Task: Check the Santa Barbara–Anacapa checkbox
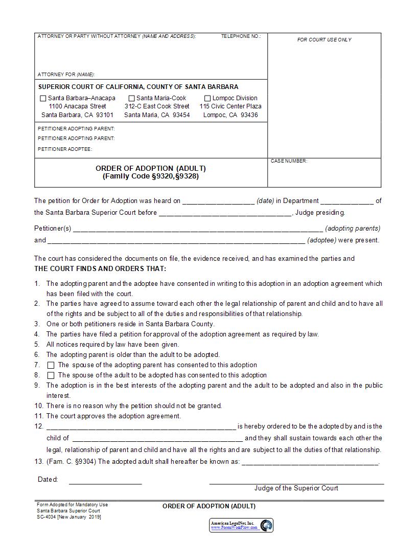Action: [x=43, y=98]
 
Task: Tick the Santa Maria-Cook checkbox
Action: [x=131, y=98]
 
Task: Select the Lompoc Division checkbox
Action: [x=207, y=98]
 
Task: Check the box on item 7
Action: [x=51, y=365]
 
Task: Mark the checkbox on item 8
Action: [x=51, y=375]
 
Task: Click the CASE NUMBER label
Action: [x=289, y=161]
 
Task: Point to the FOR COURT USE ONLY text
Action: [x=324, y=40]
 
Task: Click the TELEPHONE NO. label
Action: [x=241, y=36]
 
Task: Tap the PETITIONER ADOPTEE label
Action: [x=64, y=149]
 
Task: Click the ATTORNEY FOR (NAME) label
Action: [x=66, y=75]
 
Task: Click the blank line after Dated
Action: [x=105, y=481]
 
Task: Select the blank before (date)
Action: [x=218, y=201]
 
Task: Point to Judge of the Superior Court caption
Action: [x=296, y=488]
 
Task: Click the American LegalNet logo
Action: [x=241, y=525]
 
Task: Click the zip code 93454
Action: [x=181, y=115]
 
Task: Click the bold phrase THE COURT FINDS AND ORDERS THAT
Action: [x=100, y=269]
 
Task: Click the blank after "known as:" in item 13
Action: [x=310, y=462]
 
